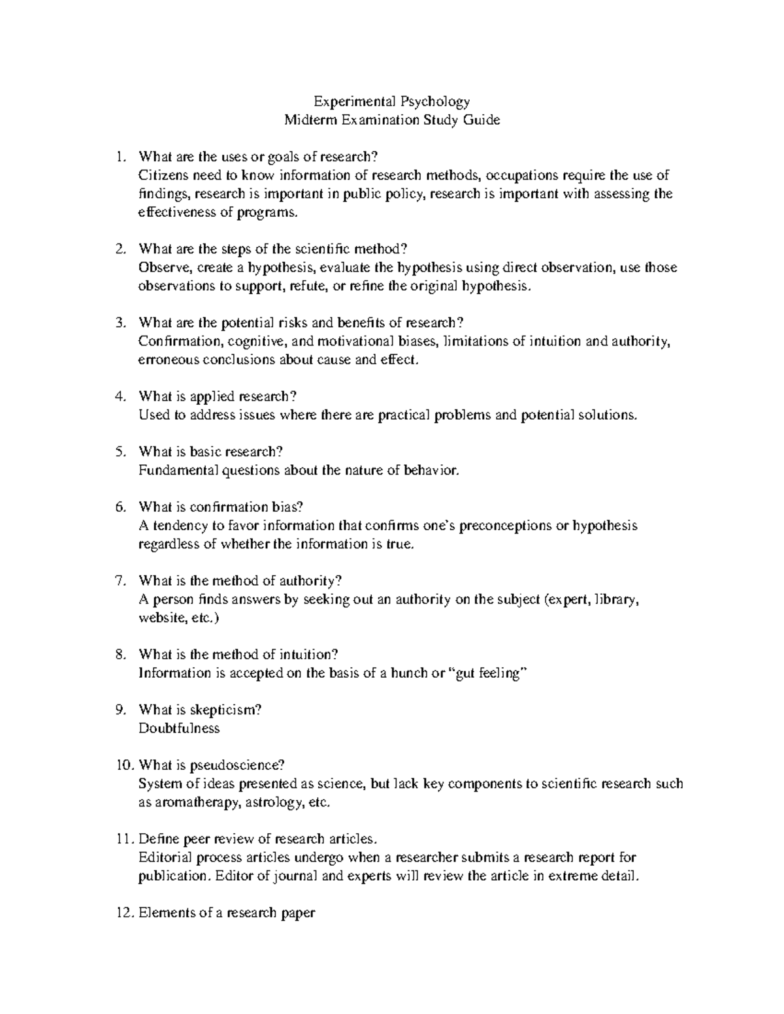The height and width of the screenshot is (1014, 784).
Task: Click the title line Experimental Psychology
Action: pos(392,101)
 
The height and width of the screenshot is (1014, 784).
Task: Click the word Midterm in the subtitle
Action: pos(307,119)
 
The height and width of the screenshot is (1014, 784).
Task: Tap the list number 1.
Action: pos(119,157)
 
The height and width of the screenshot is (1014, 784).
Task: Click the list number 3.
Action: pos(119,323)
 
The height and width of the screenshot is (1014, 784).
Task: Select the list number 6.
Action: pos(119,507)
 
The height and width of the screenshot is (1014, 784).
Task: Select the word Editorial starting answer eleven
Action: pos(165,857)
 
